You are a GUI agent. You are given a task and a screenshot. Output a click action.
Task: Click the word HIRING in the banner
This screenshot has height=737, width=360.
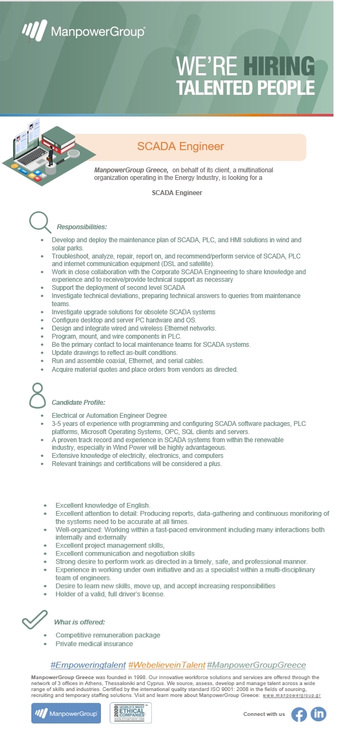coord(279,66)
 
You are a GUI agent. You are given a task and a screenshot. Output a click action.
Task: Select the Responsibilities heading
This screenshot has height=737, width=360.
coord(81,227)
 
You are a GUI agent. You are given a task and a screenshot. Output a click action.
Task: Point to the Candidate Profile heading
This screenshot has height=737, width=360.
coord(78,403)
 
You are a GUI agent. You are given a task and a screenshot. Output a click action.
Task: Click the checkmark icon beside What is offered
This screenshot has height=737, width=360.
coord(35,619)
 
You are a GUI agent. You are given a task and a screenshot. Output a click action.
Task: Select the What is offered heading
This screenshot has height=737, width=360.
coord(79,622)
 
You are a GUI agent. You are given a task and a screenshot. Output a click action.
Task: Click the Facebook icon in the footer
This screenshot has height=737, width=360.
coord(299,714)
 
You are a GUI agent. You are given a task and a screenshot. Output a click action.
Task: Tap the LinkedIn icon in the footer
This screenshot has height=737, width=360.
coord(318,714)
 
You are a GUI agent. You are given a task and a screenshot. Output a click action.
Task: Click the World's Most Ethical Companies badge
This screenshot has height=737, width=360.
coord(131,713)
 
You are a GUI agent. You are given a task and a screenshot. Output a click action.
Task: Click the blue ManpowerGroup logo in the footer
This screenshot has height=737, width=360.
coord(66,713)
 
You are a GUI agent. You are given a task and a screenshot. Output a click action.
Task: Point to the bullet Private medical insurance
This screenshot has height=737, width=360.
coord(94,644)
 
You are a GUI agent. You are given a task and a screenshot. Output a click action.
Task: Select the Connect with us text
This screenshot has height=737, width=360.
coord(264,714)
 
